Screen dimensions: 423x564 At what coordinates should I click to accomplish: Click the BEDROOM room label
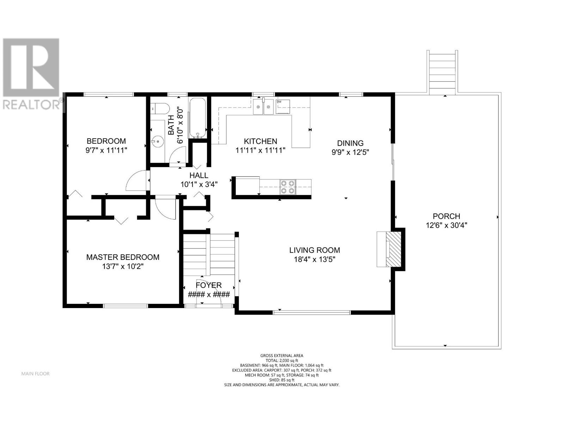[x=106, y=141]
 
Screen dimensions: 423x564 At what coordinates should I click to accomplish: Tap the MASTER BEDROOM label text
[x=123, y=257]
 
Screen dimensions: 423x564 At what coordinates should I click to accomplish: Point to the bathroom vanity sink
[x=158, y=142]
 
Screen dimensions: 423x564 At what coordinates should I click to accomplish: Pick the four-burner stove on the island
[x=287, y=187]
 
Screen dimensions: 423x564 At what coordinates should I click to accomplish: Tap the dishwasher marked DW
[x=283, y=107]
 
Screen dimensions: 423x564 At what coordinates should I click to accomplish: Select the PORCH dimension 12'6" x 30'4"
[x=446, y=225]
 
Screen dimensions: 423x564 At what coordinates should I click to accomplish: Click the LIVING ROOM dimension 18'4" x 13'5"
[x=314, y=259]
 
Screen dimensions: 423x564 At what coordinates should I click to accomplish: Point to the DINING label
[x=350, y=143]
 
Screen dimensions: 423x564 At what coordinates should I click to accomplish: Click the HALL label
[x=199, y=175]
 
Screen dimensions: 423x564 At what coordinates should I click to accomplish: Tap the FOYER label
[x=209, y=285]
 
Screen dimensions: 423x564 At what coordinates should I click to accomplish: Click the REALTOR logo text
[x=31, y=104]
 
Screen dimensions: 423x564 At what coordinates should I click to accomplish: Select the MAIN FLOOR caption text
[x=35, y=374]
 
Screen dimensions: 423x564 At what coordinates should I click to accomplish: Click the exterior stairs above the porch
[x=443, y=72]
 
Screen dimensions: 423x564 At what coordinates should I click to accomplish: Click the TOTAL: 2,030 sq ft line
[x=282, y=361]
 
